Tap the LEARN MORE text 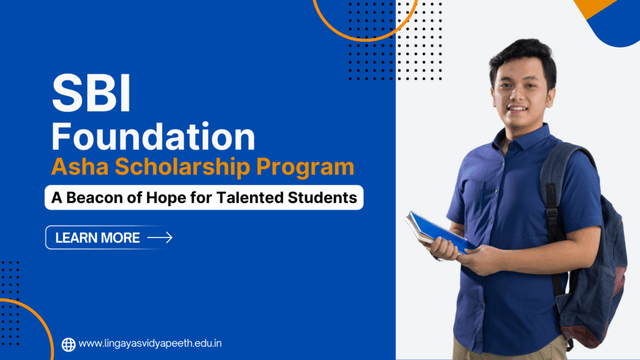click(x=97, y=237)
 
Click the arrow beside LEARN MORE click(x=159, y=237)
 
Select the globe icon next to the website click(x=69, y=344)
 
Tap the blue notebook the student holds click(x=437, y=231)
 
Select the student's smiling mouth click(x=517, y=109)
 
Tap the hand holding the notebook click(x=445, y=249)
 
